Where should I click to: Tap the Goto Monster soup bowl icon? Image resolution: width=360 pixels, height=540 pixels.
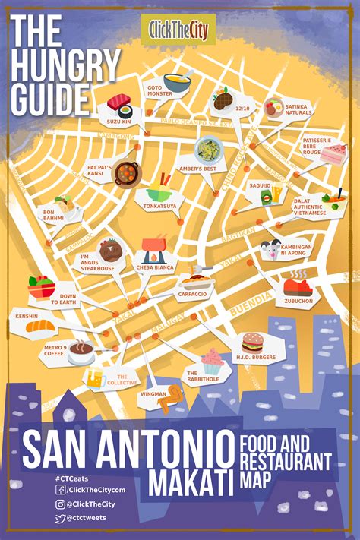point(177,80)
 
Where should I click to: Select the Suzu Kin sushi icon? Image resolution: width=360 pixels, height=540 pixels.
point(118,103)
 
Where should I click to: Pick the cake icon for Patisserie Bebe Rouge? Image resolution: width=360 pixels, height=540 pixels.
point(333,153)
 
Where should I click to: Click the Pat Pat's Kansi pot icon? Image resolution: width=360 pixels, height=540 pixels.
point(125,172)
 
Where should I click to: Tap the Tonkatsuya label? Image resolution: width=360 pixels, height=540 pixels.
point(160,205)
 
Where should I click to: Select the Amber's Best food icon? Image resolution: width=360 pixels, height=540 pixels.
point(206,149)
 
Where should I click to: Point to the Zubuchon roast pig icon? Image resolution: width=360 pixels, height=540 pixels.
point(298,286)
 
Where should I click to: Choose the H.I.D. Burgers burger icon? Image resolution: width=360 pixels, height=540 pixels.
point(252,343)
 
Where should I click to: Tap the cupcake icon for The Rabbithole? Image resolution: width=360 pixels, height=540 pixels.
point(212,359)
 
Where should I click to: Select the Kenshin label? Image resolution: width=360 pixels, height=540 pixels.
point(27,314)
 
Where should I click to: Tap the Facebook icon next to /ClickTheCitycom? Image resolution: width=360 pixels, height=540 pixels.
point(60,490)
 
